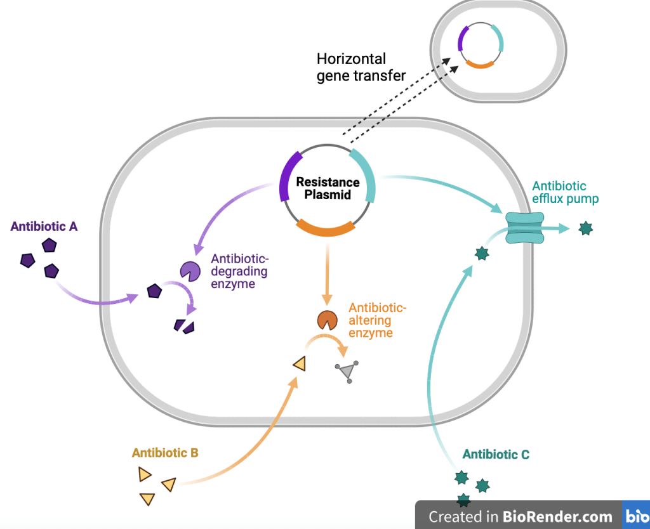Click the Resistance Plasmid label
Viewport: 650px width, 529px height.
pyautogui.click(x=328, y=188)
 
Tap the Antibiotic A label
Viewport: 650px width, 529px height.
pyautogui.click(x=44, y=226)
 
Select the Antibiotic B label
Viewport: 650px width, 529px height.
pyautogui.click(x=165, y=453)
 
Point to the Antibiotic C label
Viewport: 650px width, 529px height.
pyautogui.click(x=496, y=454)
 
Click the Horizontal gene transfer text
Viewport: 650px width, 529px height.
pyautogui.click(x=361, y=67)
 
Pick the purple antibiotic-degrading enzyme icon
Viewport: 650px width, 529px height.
pyautogui.click(x=189, y=271)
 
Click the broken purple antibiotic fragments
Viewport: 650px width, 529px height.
pyautogui.click(x=184, y=326)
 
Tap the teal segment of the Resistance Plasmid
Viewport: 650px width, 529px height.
pyautogui.click(x=364, y=173)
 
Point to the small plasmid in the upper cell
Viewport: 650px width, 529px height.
pyautogui.click(x=481, y=46)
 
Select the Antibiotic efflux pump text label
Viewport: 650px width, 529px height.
pyautogui.click(x=565, y=192)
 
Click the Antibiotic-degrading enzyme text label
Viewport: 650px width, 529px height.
pyautogui.click(x=240, y=271)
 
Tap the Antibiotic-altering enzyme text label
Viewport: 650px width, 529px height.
pyautogui.click(x=377, y=320)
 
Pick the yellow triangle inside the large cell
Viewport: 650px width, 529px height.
pyautogui.click(x=300, y=363)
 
